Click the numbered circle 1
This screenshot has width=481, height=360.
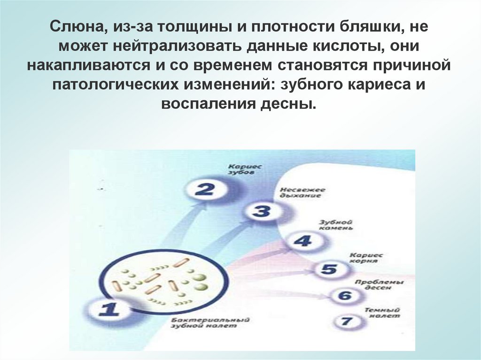pos(109,310)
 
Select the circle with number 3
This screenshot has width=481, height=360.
pos(261,211)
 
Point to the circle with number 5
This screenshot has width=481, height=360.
pos(329,269)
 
